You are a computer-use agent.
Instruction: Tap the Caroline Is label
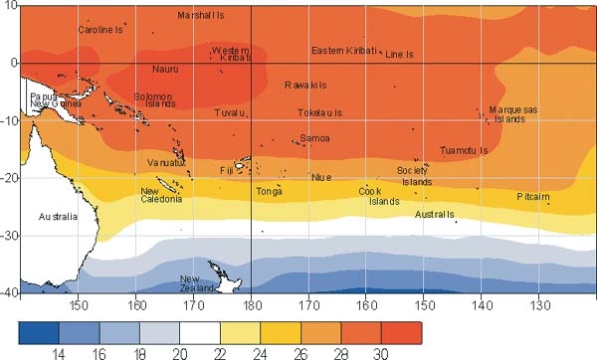pos(100,30)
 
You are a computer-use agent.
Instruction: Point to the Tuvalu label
pos(229,112)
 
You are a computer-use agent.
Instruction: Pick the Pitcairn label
pos(533,197)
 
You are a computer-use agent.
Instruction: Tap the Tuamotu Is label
pos(464,151)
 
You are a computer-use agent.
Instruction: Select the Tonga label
pos(269,191)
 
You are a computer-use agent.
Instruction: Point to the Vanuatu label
pos(166,162)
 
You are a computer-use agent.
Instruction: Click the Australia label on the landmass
pos(57,216)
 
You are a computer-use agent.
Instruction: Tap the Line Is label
pos(399,54)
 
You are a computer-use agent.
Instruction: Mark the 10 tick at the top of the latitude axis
pos(12,5)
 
